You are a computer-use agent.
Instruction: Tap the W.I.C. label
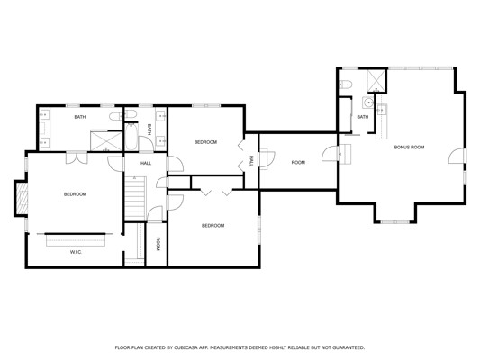coord(76,252)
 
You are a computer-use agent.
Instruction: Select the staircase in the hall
coord(135,198)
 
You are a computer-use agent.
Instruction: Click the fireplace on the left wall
coord(22,199)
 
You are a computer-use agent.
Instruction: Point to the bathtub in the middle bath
coord(131,137)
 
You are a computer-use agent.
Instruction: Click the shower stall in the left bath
coord(106,141)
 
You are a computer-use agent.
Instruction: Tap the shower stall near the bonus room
coord(376,81)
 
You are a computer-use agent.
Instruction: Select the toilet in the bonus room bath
coord(346,84)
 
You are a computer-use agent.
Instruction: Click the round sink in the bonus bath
coord(368,103)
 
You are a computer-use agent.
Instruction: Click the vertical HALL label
coord(251,161)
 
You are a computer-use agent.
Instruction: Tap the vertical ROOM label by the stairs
coord(158,245)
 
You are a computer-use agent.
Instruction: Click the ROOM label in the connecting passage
coord(298,162)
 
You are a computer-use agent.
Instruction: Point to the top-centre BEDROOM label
coord(205,142)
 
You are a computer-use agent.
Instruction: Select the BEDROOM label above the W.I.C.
coord(75,194)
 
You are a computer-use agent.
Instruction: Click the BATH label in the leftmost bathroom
coord(80,117)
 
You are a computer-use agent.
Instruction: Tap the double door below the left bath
coord(77,157)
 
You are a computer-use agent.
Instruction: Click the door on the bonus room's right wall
coord(457,156)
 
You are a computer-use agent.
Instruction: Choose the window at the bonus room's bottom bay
coord(395,221)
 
